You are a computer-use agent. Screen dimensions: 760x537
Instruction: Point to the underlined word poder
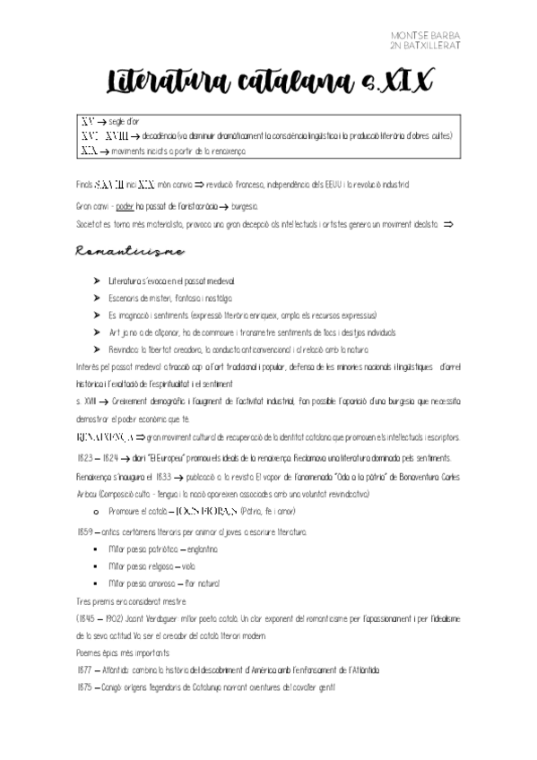coord(125,205)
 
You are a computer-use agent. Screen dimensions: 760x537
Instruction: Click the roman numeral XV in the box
coord(87,120)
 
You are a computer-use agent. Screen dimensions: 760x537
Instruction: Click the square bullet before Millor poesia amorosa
coord(96,583)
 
